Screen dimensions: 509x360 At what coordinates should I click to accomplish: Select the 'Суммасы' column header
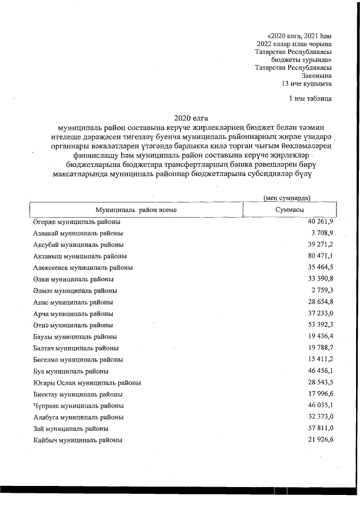290,210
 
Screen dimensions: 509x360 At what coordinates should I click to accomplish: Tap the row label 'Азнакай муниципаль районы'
78,233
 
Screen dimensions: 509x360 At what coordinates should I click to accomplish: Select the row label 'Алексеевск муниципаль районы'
83,268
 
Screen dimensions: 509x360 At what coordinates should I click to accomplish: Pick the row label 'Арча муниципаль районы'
73,313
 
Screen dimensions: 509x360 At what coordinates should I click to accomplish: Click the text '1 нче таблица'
309,99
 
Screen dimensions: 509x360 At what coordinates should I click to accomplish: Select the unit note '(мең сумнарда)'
287,197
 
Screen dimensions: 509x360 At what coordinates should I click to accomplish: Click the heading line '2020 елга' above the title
191,118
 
